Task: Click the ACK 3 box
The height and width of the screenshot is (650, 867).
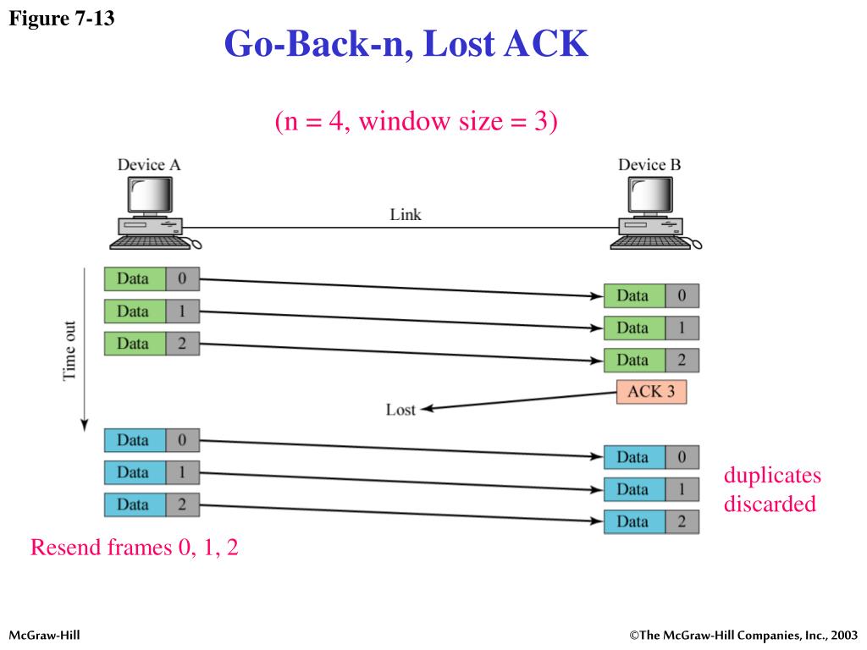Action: tap(651, 392)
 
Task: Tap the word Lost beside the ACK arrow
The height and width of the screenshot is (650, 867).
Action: tap(400, 410)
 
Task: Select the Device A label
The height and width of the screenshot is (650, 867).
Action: tap(149, 165)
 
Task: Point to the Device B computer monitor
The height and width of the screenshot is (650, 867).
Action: tap(650, 196)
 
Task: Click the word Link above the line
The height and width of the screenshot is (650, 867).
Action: tap(406, 214)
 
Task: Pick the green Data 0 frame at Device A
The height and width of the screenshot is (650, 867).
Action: tap(152, 278)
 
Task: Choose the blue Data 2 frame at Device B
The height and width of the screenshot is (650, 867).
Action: tap(651, 521)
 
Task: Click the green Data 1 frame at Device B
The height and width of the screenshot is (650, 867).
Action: tap(651, 328)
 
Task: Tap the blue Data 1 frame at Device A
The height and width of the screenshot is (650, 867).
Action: tap(152, 472)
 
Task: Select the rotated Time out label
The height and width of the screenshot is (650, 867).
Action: tap(69, 351)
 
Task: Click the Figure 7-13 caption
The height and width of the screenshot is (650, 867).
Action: tap(61, 19)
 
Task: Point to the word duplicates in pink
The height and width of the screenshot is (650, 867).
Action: tap(772, 476)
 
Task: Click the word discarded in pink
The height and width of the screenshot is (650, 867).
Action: tap(770, 504)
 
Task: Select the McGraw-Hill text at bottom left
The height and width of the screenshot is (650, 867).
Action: tap(44, 635)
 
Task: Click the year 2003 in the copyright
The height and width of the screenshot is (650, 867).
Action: tap(844, 635)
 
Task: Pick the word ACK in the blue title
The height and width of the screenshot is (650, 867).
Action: tap(546, 44)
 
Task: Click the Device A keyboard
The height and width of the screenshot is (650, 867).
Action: tap(149, 243)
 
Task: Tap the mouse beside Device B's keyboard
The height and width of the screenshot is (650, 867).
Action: tap(696, 243)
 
